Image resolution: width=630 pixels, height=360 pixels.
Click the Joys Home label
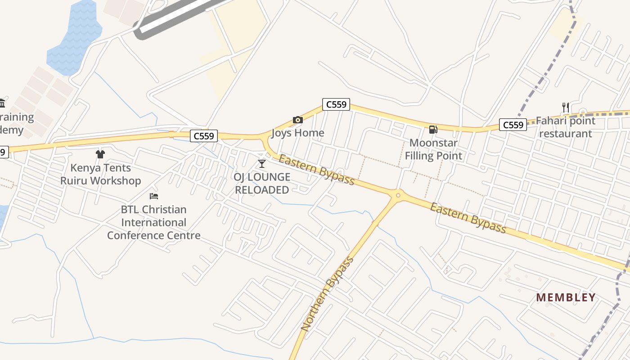(298, 133)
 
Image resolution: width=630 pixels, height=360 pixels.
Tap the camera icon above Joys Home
(298, 120)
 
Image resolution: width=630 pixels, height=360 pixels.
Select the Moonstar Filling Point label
(433, 149)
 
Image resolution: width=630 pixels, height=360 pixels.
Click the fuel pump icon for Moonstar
(433, 130)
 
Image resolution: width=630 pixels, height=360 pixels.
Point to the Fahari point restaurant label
(566, 127)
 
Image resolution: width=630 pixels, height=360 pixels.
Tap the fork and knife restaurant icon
(566, 108)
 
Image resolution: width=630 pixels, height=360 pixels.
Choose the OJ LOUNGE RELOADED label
(262, 183)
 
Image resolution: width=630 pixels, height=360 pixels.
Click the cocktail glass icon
(262, 163)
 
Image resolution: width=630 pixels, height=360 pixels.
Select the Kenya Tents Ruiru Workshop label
(101, 174)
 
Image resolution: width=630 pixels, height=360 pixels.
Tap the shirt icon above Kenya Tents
(100, 154)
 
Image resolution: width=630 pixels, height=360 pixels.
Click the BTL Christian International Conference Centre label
(154, 222)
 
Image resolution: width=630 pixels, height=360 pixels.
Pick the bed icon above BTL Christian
(154, 196)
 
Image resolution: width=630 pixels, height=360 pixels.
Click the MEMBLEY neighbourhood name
(566, 297)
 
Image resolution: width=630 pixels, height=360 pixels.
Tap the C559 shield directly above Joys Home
(336, 104)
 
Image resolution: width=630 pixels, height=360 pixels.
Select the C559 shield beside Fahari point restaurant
(513, 125)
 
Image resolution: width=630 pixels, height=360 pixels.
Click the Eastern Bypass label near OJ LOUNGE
(317, 170)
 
